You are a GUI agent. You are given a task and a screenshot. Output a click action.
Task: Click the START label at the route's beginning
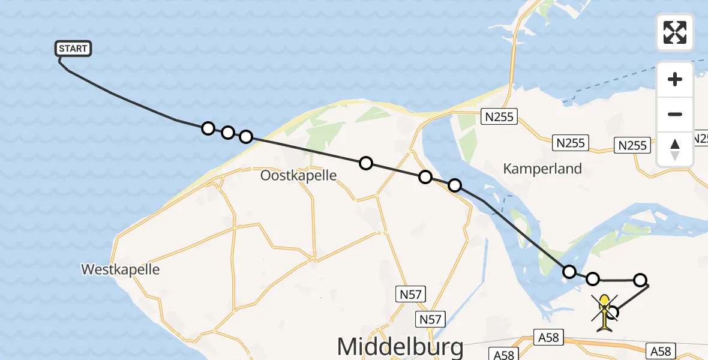point(73,49)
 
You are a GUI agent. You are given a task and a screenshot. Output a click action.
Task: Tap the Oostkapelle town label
point(298,175)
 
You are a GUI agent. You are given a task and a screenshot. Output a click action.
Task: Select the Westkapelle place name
point(121,269)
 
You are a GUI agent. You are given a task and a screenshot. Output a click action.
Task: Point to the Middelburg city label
point(400,347)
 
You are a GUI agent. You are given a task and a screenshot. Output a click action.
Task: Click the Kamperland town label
point(542,169)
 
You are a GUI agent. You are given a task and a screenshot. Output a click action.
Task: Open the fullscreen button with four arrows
point(675,32)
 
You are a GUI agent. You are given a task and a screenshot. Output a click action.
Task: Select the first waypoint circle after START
point(208,128)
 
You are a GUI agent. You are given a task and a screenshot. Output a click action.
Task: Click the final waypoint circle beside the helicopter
point(613,312)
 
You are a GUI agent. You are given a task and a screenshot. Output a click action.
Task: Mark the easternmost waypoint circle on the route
point(640,280)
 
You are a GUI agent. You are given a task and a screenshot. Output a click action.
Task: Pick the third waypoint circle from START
point(246,137)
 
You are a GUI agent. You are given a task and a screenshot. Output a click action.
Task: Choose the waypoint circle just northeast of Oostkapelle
point(365,163)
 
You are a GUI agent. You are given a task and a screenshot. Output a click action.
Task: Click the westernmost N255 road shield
point(499,116)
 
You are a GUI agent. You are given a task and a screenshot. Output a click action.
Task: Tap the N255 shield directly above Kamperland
point(571,143)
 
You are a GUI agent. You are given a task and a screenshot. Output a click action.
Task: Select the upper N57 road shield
point(412,294)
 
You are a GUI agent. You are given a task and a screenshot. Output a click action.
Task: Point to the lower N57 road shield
point(431,319)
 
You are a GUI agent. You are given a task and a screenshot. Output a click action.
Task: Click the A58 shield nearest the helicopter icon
point(548,338)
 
